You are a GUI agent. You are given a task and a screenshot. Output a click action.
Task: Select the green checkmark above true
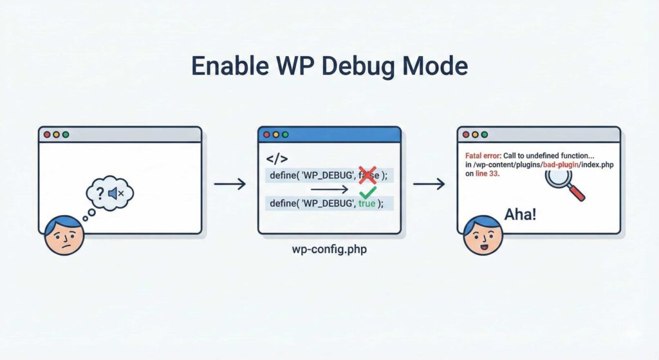click(367, 192)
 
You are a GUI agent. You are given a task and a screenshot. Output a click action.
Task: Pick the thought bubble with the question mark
click(109, 193)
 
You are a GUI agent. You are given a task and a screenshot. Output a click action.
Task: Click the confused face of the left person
click(63, 235)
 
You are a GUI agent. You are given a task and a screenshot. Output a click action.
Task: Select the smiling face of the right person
click(482, 235)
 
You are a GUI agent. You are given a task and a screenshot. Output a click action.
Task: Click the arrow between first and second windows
click(230, 184)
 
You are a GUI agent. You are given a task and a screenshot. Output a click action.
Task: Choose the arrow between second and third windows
click(429, 184)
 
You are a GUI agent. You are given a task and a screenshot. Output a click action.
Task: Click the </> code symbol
click(277, 158)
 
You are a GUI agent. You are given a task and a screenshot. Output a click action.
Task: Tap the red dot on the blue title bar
click(267, 135)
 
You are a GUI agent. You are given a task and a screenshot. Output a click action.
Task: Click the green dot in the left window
click(66, 135)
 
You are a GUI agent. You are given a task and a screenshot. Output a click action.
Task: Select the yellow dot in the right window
click(475, 135)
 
